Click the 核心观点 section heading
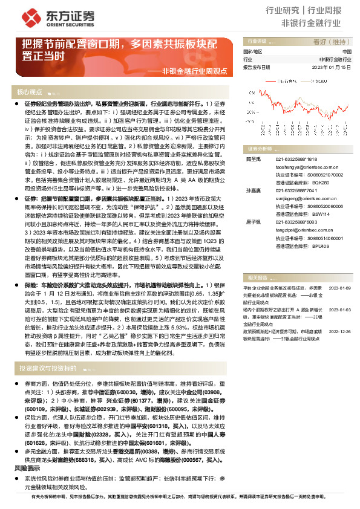[x=30, y=92]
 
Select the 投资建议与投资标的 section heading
[x=48, y=368]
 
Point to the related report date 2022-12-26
[x=339, y=332]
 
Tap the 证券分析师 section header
[x=258, y=148]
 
